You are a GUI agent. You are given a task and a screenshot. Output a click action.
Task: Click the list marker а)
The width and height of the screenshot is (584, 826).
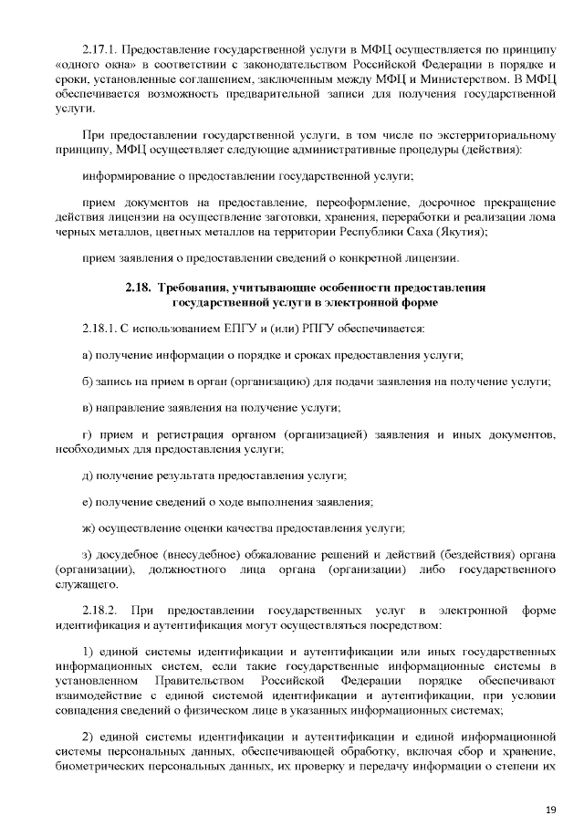88,354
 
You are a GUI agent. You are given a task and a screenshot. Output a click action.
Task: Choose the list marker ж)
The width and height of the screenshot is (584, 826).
89,528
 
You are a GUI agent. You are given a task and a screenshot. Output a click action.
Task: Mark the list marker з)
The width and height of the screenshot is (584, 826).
88,555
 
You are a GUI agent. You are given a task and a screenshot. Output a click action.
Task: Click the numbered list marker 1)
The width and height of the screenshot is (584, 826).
89,653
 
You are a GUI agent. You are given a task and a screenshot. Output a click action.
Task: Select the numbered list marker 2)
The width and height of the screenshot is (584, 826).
89,733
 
